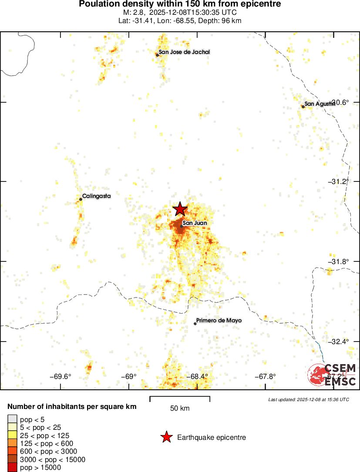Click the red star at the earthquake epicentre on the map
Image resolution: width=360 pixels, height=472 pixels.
click(180, 209)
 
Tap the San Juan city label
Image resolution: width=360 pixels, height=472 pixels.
click(195, 223)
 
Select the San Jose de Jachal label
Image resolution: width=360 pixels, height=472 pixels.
click(184, 52)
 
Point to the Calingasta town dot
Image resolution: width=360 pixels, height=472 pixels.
click(81, 199)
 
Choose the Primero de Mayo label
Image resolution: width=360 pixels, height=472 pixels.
click(219, 321)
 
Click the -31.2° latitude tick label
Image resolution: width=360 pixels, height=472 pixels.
click(338, 181)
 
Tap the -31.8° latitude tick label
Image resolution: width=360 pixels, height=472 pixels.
click(338, 261)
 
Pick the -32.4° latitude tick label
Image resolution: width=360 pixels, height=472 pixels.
click(338, 341)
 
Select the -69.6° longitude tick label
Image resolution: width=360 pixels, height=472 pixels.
click(61, 377)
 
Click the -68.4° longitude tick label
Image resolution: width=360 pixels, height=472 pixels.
click(197, 377)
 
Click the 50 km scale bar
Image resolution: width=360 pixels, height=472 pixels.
click(180, 398)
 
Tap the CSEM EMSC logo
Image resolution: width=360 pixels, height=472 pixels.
click(332, 375)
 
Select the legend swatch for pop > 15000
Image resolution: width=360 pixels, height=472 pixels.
click(13, 468)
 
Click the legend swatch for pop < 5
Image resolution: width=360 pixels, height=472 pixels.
click(13, 419)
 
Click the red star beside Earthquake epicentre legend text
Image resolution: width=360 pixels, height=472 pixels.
click(166, 438)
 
